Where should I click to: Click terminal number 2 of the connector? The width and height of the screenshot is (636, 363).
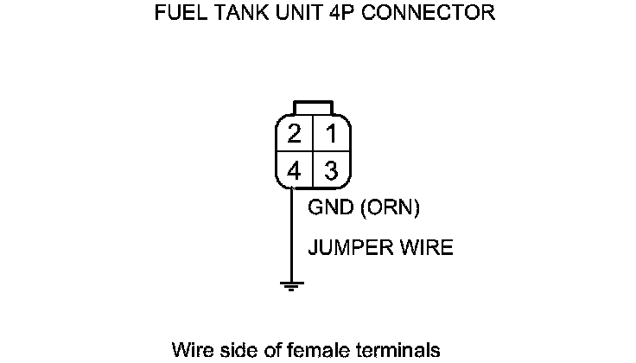[x=295, y=135]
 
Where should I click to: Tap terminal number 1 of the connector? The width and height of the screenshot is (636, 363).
[x=330, y=135]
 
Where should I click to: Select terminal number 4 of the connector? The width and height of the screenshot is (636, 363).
[x=295, y=171]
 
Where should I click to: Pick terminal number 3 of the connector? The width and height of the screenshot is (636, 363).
[x=330, y=171]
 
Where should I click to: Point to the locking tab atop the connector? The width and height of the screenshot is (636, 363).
[x=312, y=107]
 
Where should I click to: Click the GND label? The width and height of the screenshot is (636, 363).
[x=327, y=208]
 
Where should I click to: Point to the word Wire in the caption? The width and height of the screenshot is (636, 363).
[x=189, y=350]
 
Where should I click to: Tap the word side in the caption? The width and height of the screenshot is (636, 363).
[x=232, y=350]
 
